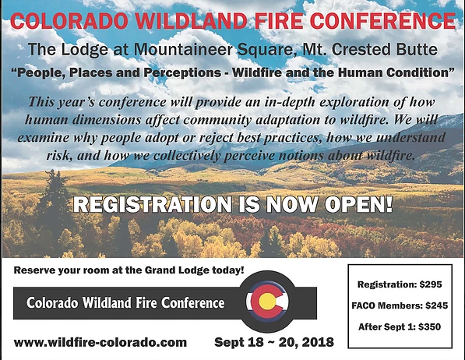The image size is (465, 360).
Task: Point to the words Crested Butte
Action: (385, 49)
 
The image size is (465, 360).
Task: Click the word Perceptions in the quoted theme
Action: (183, 73)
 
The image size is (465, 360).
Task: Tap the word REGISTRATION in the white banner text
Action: (153, 204)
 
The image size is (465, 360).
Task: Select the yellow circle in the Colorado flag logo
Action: (267, 302)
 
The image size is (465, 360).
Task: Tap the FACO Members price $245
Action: (436, 305)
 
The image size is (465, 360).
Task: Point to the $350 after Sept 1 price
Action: (430, 327)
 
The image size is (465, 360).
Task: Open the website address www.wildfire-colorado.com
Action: (100, 343)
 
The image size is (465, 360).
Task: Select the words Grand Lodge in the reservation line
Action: (177, 270)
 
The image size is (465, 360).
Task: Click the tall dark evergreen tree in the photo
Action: (55, 205)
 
